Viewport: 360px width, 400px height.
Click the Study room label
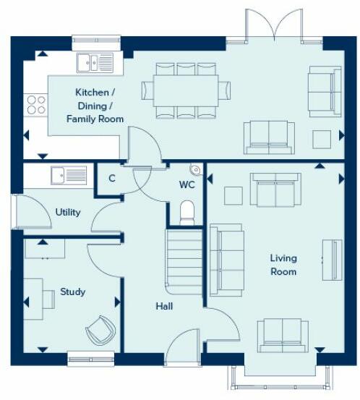click(x=73, y=292)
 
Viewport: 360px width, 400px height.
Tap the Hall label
click(x=164, y=306)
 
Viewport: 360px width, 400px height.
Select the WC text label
click(x=187, y=185)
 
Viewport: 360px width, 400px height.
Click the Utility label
click(x=68, y=212)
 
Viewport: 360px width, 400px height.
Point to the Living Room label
click(x=283, y=265)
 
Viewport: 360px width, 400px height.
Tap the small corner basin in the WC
click(x=194, y=169)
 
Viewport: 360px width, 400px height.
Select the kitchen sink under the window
click(x=95, y=63)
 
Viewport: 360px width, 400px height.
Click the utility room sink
click(x=69, y=174)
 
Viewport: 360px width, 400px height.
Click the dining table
click(x=187, y=90)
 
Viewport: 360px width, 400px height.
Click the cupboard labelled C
click(x=112, y=178)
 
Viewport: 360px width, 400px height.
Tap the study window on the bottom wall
click(x=90, y=355)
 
